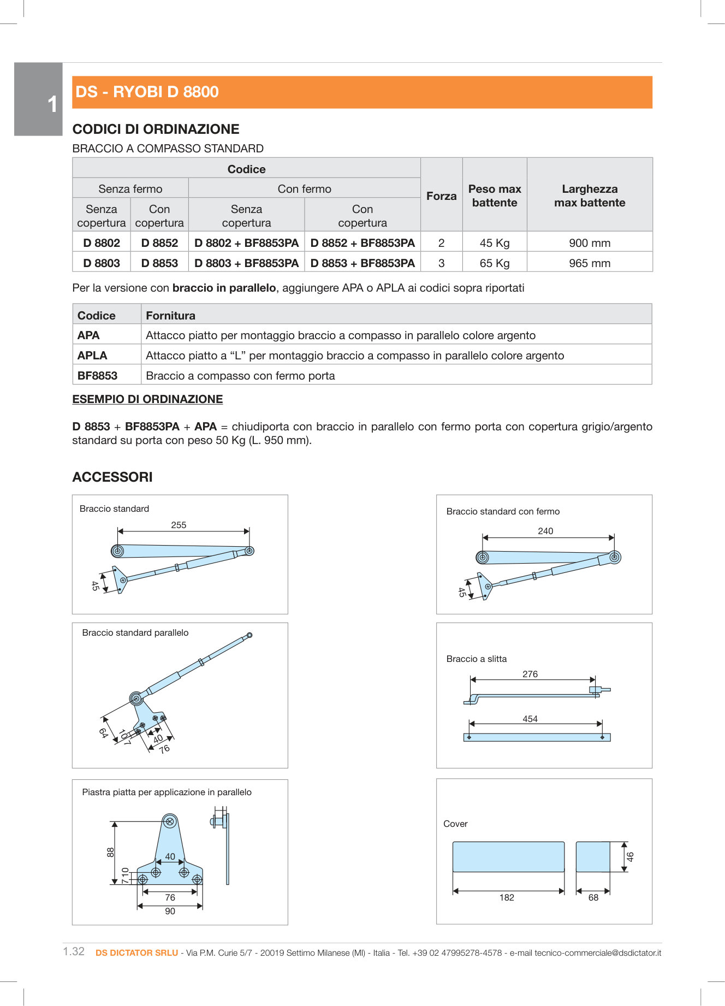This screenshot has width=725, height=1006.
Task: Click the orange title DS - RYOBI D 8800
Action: click(x=147, y=92)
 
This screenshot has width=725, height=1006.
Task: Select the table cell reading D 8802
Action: click(x=102, y=243)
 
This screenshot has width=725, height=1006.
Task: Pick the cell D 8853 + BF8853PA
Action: click(x=362, y=263)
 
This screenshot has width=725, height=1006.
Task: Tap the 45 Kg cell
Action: click(x=495, y=243)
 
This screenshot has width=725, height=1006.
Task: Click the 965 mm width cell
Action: click(x=590, y=263)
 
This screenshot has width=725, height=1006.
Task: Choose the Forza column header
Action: click(x=441, y=196)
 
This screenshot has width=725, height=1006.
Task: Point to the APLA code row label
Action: click(x=92, y=356)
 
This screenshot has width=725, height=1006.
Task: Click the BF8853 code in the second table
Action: click(x=97, y=376)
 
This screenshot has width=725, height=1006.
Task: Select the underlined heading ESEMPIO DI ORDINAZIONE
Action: click(x=147, y=399)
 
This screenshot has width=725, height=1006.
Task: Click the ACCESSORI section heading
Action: click(x=112, y=477)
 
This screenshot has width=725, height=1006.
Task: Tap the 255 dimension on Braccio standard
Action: click(x=179, y=525)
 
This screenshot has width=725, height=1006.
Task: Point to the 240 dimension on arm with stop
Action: click(x=545, y=531)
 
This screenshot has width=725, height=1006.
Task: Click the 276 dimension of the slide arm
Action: click(x=530, y=674)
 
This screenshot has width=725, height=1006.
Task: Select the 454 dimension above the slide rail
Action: click(x=530, y=719)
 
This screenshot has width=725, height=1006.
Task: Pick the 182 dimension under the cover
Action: click(x=507, y=897)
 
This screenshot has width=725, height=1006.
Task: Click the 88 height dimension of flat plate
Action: click(x=111, y=852)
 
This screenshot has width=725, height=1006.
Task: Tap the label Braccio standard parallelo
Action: click(x=135, y=632)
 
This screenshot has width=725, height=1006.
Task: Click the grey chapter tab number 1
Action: click(x=52, y=104)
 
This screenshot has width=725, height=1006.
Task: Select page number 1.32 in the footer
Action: click(x=74, y=951)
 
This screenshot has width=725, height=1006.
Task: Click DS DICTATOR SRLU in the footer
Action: click(x=136, y=952)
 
